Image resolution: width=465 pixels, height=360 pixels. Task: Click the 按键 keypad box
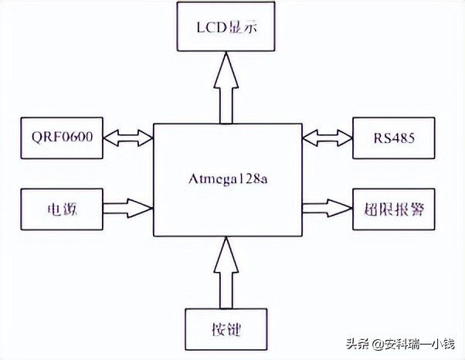pos(225,330)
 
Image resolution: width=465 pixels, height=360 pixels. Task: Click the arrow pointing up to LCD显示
pos(226,88)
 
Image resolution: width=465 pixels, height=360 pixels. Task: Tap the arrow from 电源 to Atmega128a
pos(129,208)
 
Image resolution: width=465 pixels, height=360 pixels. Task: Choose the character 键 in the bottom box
pos(234,331)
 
